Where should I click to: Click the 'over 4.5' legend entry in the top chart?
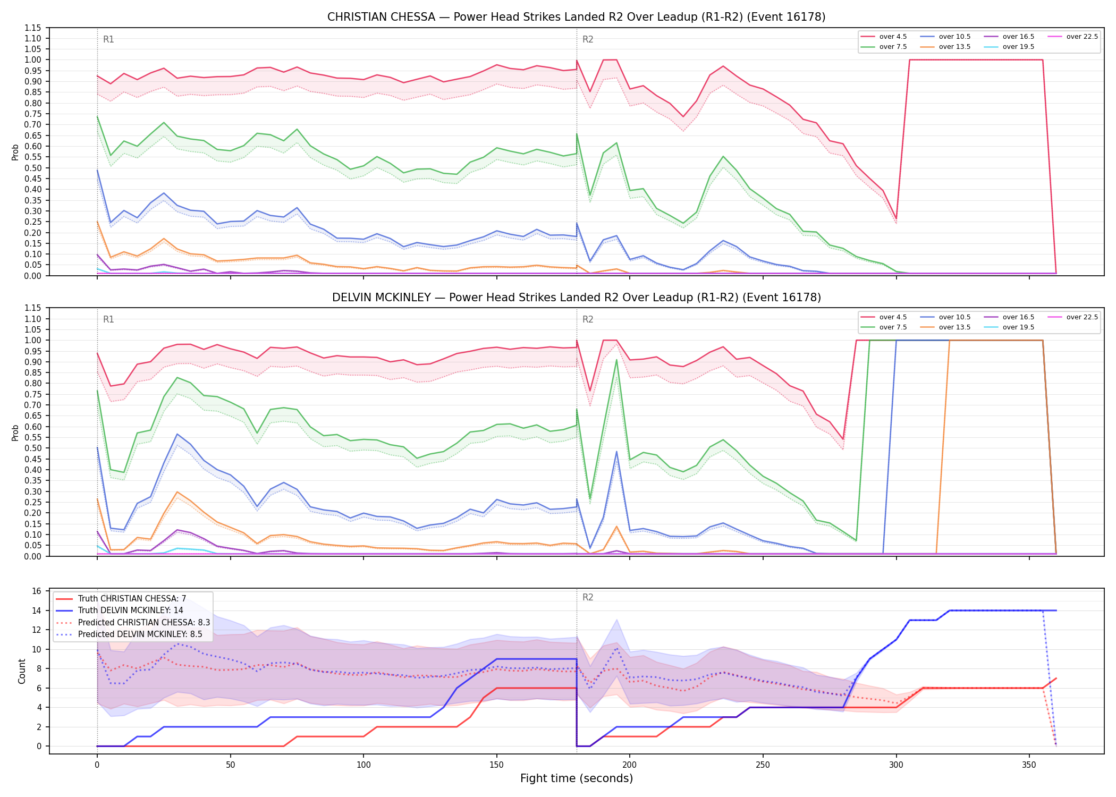[x=884, y=37]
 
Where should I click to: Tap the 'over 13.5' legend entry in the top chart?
[x=945, y=47]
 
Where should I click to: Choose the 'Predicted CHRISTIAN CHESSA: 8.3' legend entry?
[x=133, y=622]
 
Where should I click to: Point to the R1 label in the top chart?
[x=108, y=39]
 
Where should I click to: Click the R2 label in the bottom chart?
[x=588, y=597]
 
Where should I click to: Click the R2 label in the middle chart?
[x=588, y=319]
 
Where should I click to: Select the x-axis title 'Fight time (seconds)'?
[x=577, y=778]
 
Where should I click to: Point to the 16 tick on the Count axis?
[x=37, y=591]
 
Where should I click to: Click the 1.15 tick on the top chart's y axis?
[x=33, y=28]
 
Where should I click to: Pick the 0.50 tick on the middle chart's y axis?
[x=33, y=448]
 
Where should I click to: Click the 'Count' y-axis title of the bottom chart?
[x=22, y=671]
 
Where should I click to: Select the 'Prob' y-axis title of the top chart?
[x=15, y=152]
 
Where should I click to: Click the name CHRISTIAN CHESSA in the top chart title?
[x=381, y=17]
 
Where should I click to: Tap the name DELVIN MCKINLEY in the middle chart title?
[x=382, y=298]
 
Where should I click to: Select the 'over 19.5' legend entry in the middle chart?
[x=1009, y=327]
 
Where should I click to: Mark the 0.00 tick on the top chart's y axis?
[x=33, y=276]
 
